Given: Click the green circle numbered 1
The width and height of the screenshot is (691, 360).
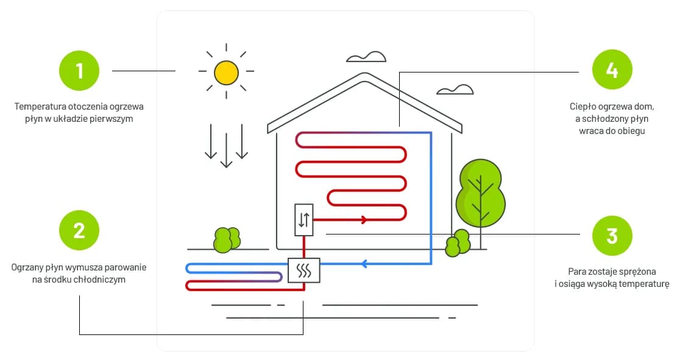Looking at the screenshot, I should (79, 71).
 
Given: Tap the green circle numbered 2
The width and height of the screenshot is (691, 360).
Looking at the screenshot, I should (79, 231).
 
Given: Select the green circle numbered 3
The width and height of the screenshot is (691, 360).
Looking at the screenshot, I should (612, 235).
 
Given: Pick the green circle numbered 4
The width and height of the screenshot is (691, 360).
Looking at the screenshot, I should (612, 70).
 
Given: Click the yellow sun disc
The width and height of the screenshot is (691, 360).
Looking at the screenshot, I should (226, 72).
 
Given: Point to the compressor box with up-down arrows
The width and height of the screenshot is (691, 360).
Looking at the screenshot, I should (303, 220).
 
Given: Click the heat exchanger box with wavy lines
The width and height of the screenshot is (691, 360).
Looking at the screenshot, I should (303, 271).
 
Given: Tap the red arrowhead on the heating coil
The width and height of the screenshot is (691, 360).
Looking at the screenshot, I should (364, 219).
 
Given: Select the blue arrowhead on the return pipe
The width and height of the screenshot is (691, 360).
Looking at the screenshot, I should (364, 264).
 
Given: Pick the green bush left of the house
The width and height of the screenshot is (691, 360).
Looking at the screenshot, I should (226, 240).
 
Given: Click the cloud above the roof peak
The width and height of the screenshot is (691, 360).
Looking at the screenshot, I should (366, 57).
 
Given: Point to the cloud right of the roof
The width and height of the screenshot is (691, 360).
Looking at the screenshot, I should (455, 90).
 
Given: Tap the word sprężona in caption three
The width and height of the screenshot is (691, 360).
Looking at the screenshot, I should (637, 271).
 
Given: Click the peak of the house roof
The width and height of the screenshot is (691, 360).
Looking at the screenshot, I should (364, 76).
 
